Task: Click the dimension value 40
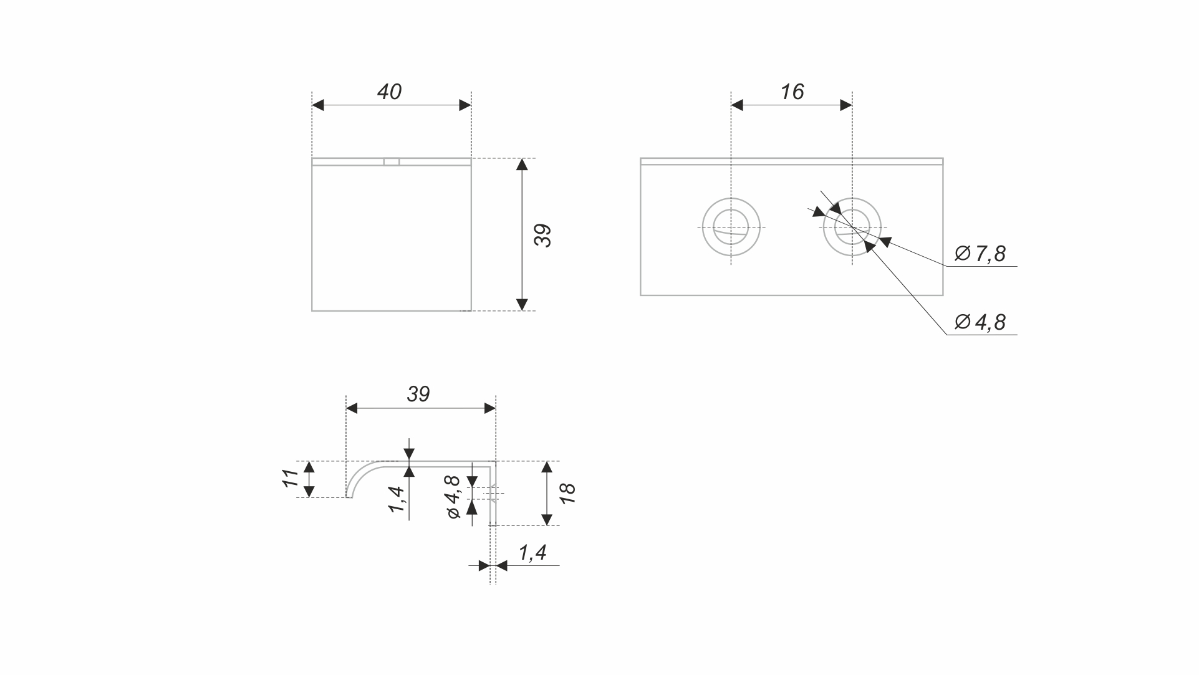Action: [x=389, y=92]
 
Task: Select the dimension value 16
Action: [x=792, y=92]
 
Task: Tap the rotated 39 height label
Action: [x=543, y=235]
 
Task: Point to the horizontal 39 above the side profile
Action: [x=418, y=394]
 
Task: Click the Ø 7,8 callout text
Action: [x=980, y=253]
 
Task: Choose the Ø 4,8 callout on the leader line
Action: [x=980, y=322]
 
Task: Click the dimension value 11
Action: [x=290, y=479]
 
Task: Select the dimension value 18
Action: [x=567, y=493]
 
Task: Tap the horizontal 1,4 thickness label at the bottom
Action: [x=532, y=552]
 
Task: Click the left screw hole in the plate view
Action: [x=731, y=227]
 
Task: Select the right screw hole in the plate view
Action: [x=852, y=227]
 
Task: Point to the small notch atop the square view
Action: [x=392, y=161]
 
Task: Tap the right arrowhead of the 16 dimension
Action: [x=846, y=105]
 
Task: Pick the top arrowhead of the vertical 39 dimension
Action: [x=522, y=165]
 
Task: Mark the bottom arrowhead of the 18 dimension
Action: [x=547, y=519]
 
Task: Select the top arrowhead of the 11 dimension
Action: [x=309, y=467]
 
